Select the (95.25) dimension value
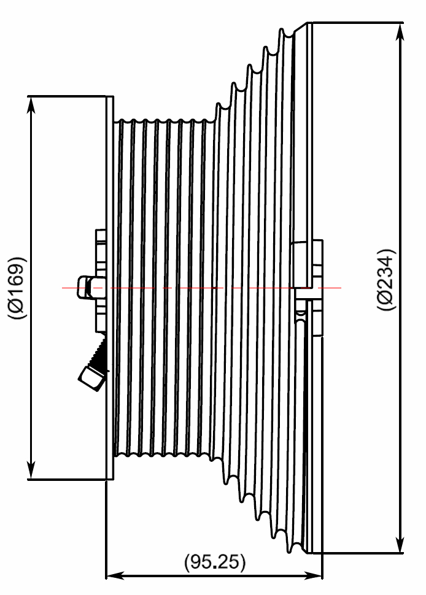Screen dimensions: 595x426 pos(214,562)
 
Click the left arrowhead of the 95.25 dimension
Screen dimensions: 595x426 pos(114,576)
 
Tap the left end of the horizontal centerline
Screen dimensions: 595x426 pos(63,287)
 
